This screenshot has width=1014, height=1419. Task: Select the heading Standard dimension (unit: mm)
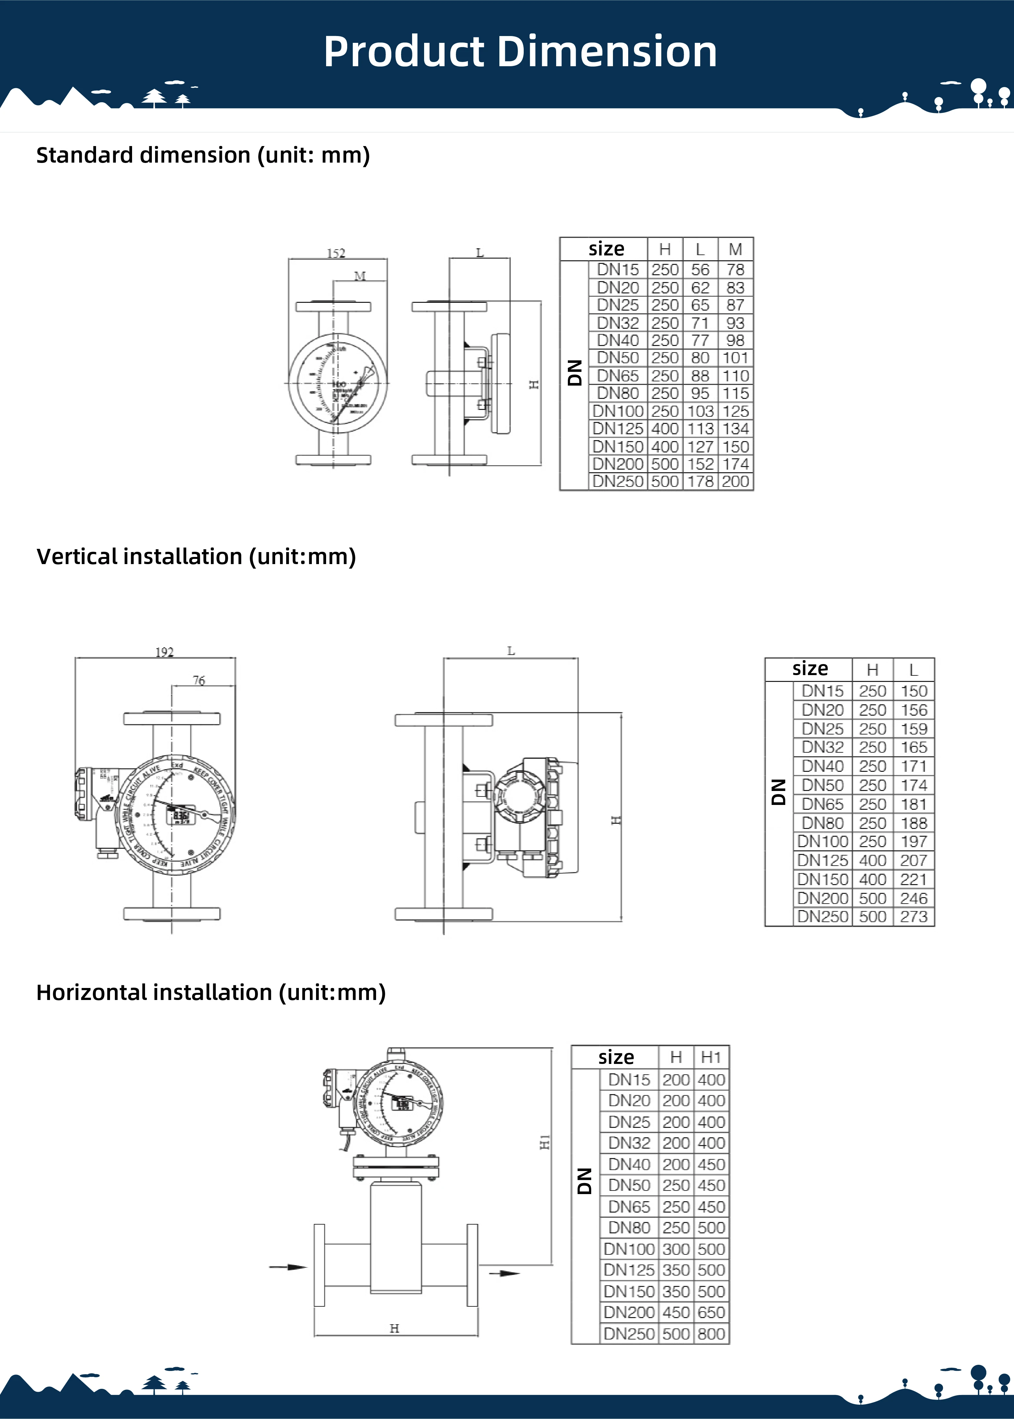click(x=203, y=155)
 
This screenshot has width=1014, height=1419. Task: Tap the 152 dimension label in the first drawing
click(x=336, y=253)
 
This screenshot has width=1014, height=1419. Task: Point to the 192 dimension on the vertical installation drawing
click(x=164, y=652)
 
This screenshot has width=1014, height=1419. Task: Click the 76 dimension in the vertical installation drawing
click(x=199, y=680)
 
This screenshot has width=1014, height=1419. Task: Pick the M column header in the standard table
click(x=736, y=249)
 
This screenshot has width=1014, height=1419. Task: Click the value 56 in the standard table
click(x=700, y=270)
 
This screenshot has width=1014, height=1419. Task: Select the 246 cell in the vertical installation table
click(x=913, y=898)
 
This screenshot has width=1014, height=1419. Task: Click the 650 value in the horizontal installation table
click(x=711, y=1312)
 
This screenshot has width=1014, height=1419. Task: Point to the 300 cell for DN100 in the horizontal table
click(x=676, y=1249)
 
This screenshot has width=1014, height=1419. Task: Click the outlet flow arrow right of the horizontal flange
click(x=503, y=1273)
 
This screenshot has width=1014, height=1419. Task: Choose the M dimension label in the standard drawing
click(x=360, y=276)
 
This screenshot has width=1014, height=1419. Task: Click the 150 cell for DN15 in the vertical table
click(x=913, y=691)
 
